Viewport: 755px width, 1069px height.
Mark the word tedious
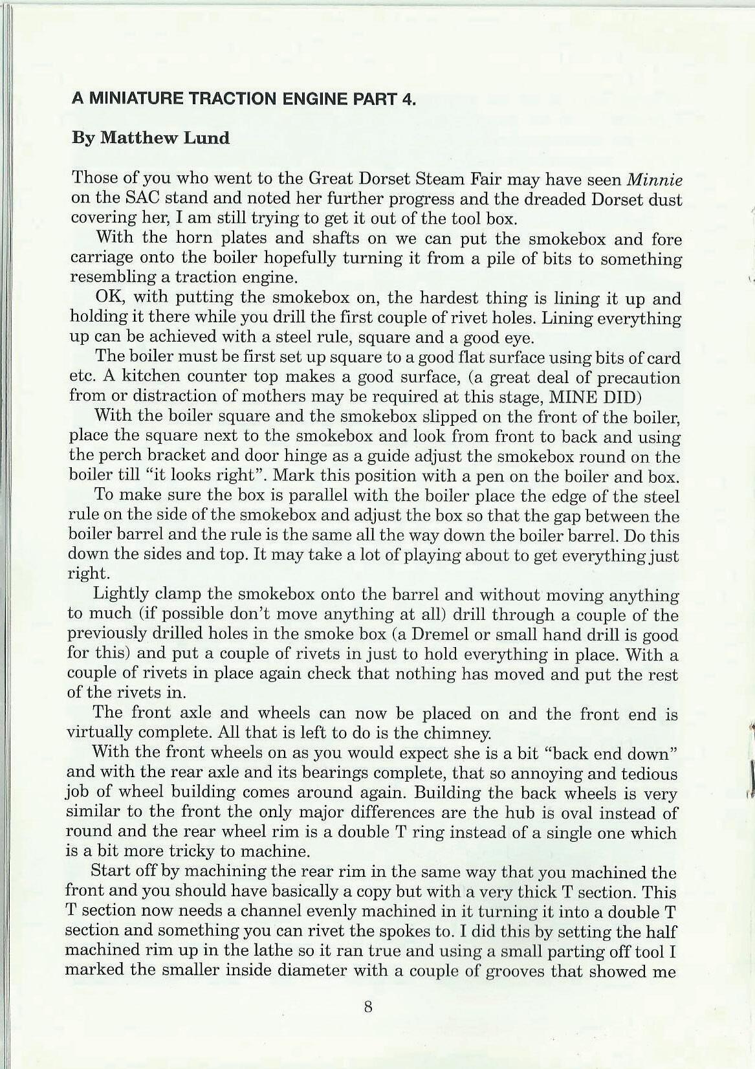649,773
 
